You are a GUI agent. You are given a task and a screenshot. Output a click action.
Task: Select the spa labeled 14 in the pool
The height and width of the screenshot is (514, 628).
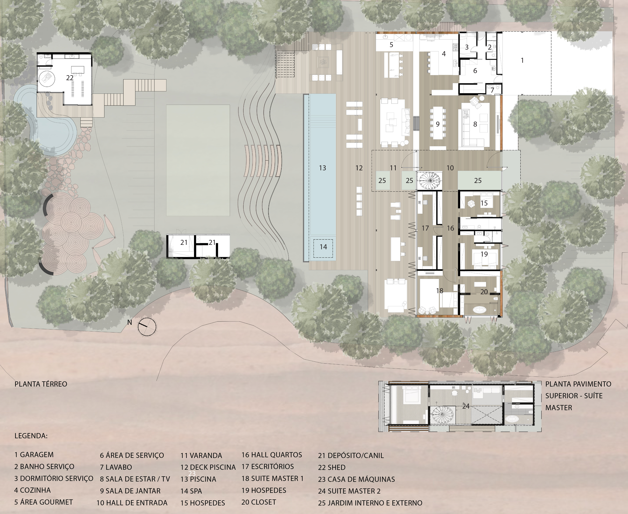(x=323, y=248)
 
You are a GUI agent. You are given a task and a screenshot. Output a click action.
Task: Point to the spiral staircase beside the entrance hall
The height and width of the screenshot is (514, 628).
(x=429, y=180)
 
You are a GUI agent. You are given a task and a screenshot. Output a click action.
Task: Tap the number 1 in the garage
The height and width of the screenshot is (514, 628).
(x=522, y=60)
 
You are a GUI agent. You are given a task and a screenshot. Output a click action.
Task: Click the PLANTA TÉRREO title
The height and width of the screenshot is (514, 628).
(x=41, y=384)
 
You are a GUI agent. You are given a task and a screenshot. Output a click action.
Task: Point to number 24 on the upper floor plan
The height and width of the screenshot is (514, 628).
(x=466, y=406)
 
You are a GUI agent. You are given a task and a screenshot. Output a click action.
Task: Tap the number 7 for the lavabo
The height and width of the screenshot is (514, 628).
(x=492, y=90)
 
